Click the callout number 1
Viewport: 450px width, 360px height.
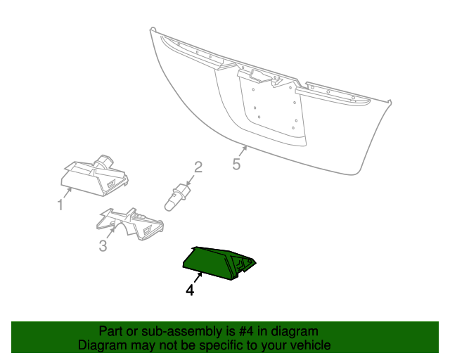pos(60,205)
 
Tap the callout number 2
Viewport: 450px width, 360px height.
pos(198,167)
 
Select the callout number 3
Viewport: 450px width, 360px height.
pos(103,246)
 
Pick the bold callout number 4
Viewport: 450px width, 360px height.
pos(190,290)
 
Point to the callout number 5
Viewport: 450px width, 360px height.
pos(236,165)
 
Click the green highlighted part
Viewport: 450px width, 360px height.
pos(219,263)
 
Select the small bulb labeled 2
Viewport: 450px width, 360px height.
pos(177,197)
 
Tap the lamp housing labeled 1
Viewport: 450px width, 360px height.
pos(95,176)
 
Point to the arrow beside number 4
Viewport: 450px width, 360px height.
pos(198,278)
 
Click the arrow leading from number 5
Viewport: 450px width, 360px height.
pos(243,150)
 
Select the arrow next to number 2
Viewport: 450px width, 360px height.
pos(191,180)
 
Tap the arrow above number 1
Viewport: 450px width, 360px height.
pos(67,193)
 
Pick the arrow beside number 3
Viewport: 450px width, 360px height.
pos(111,232)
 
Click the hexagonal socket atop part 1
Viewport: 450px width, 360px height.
pos(105,162)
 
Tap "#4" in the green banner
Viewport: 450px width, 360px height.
pos(246,331)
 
